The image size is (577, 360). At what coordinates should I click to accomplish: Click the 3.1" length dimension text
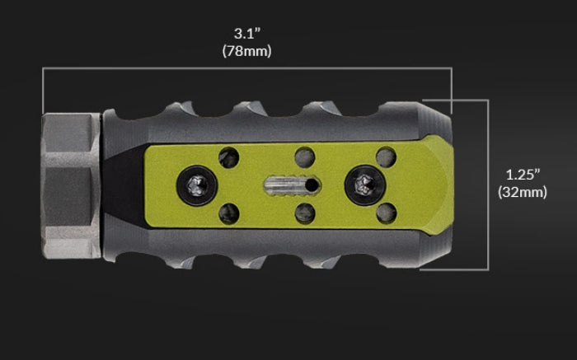(x=246, y=35)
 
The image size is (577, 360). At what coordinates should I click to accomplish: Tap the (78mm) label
(x=246, y=51)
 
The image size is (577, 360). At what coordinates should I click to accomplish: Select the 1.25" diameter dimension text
(x=523, y=175)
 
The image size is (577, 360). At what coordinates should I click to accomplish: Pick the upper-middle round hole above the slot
(x=305, y=155)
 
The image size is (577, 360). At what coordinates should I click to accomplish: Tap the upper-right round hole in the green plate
(x=383, y=155)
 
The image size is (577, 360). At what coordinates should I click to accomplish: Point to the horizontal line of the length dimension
(x=246, y=70)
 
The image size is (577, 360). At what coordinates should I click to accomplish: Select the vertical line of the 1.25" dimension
(x=488, y=185)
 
